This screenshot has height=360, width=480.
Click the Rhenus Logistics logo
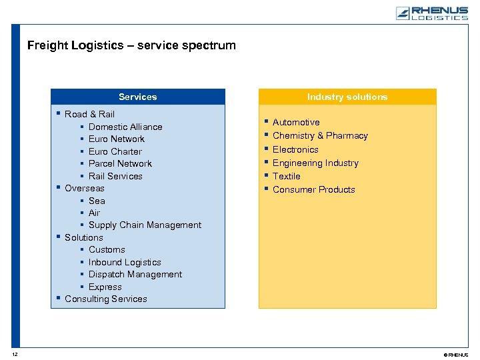[x=431, y=13]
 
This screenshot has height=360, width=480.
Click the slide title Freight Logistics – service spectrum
[x=131, y=45]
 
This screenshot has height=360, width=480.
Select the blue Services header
[x=138, y=97]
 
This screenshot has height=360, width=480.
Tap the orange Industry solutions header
[x=347, y=97]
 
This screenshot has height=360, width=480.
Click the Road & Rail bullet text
[x=89, y=114]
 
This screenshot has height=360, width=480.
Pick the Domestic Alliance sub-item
[x=125, y=127]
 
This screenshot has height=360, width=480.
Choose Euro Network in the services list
[x=117, y=139]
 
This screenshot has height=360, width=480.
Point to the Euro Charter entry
[x=115, y=151]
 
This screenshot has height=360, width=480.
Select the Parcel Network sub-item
[x=120, y=163]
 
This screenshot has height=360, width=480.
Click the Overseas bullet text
[x=85, y=188]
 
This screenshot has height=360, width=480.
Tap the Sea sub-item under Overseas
[x=97, y=201]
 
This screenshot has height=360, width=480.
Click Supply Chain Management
[x=145, y=225]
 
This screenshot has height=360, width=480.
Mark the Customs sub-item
[x=107, y=249]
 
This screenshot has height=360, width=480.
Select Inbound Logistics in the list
[x=125, y=262]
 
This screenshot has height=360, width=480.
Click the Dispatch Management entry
[x=135, y=274]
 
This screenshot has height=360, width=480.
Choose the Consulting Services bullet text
[x=106, y=299]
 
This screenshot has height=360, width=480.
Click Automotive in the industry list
[x=296, y=122]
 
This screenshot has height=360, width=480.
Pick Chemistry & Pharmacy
[x=320, y=135]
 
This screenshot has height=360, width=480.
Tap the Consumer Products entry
[x=314, y=189]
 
